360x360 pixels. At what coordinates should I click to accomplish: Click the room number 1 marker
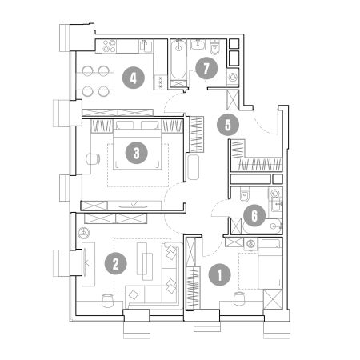coord(220,275)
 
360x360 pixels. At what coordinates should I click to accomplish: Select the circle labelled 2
coord(116,263)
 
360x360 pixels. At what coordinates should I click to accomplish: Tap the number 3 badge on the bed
coord(137,153)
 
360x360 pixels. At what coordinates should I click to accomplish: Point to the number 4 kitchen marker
coord(134,78)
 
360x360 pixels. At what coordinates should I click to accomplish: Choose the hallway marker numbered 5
coord(228,125)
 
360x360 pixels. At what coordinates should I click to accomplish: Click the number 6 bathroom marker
coord(254,215)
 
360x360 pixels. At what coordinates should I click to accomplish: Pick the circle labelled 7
coord(206,69)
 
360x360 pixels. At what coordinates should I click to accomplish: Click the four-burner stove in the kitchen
coord(110,46)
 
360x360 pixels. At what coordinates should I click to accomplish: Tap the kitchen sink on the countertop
coord(146,46)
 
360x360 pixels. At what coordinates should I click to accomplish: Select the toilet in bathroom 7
coord(214,47)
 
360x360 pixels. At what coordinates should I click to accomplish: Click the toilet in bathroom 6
coord(245,194)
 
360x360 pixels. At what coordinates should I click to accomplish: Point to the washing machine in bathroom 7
coord(233,78)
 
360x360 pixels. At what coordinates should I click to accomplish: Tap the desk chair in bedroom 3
coord(93,159)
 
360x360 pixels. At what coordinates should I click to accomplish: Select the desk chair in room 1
coord(239,298)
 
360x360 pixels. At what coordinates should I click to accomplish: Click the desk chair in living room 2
coord(108,301)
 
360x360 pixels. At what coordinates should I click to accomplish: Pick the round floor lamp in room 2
coord(84,233)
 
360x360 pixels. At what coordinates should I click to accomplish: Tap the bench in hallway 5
coord(194,167)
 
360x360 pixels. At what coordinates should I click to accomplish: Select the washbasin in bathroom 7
coord(198,45)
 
